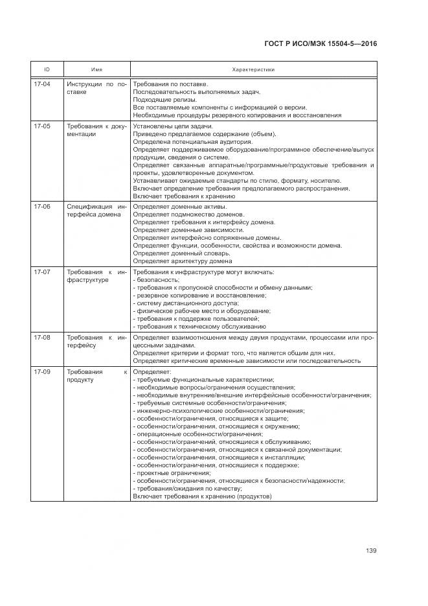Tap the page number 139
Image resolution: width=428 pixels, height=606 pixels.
click(371, 551)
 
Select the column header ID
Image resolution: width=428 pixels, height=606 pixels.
click(47, 69)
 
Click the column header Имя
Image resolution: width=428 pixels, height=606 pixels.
click(96, 69)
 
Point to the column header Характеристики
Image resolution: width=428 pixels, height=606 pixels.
click(253, 69)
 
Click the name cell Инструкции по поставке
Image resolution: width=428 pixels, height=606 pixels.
click(96, 88)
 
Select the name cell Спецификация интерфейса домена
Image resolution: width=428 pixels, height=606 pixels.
click(96, 211)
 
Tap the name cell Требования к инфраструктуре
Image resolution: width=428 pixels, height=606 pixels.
click(96, 276)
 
